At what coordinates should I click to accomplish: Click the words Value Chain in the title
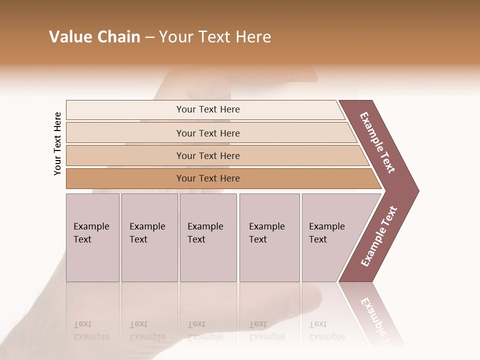tap(94, 37)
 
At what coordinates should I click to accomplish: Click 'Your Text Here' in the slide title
tap(215, 37)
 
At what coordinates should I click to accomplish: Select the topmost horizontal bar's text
tap(208, 109)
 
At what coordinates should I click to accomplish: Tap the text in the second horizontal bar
tap(208, 133)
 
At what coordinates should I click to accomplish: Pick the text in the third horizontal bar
tap(208, 156)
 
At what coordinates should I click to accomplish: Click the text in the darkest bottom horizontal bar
tap(208, 178)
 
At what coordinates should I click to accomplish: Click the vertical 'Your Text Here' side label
tap(57, 143)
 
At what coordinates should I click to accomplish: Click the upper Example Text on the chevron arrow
tap(377, 142)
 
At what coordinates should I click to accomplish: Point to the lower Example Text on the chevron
tap(378, 236)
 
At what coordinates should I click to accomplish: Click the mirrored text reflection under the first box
tap(92, 330)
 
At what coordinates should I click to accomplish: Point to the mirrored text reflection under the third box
tap(206, 330)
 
